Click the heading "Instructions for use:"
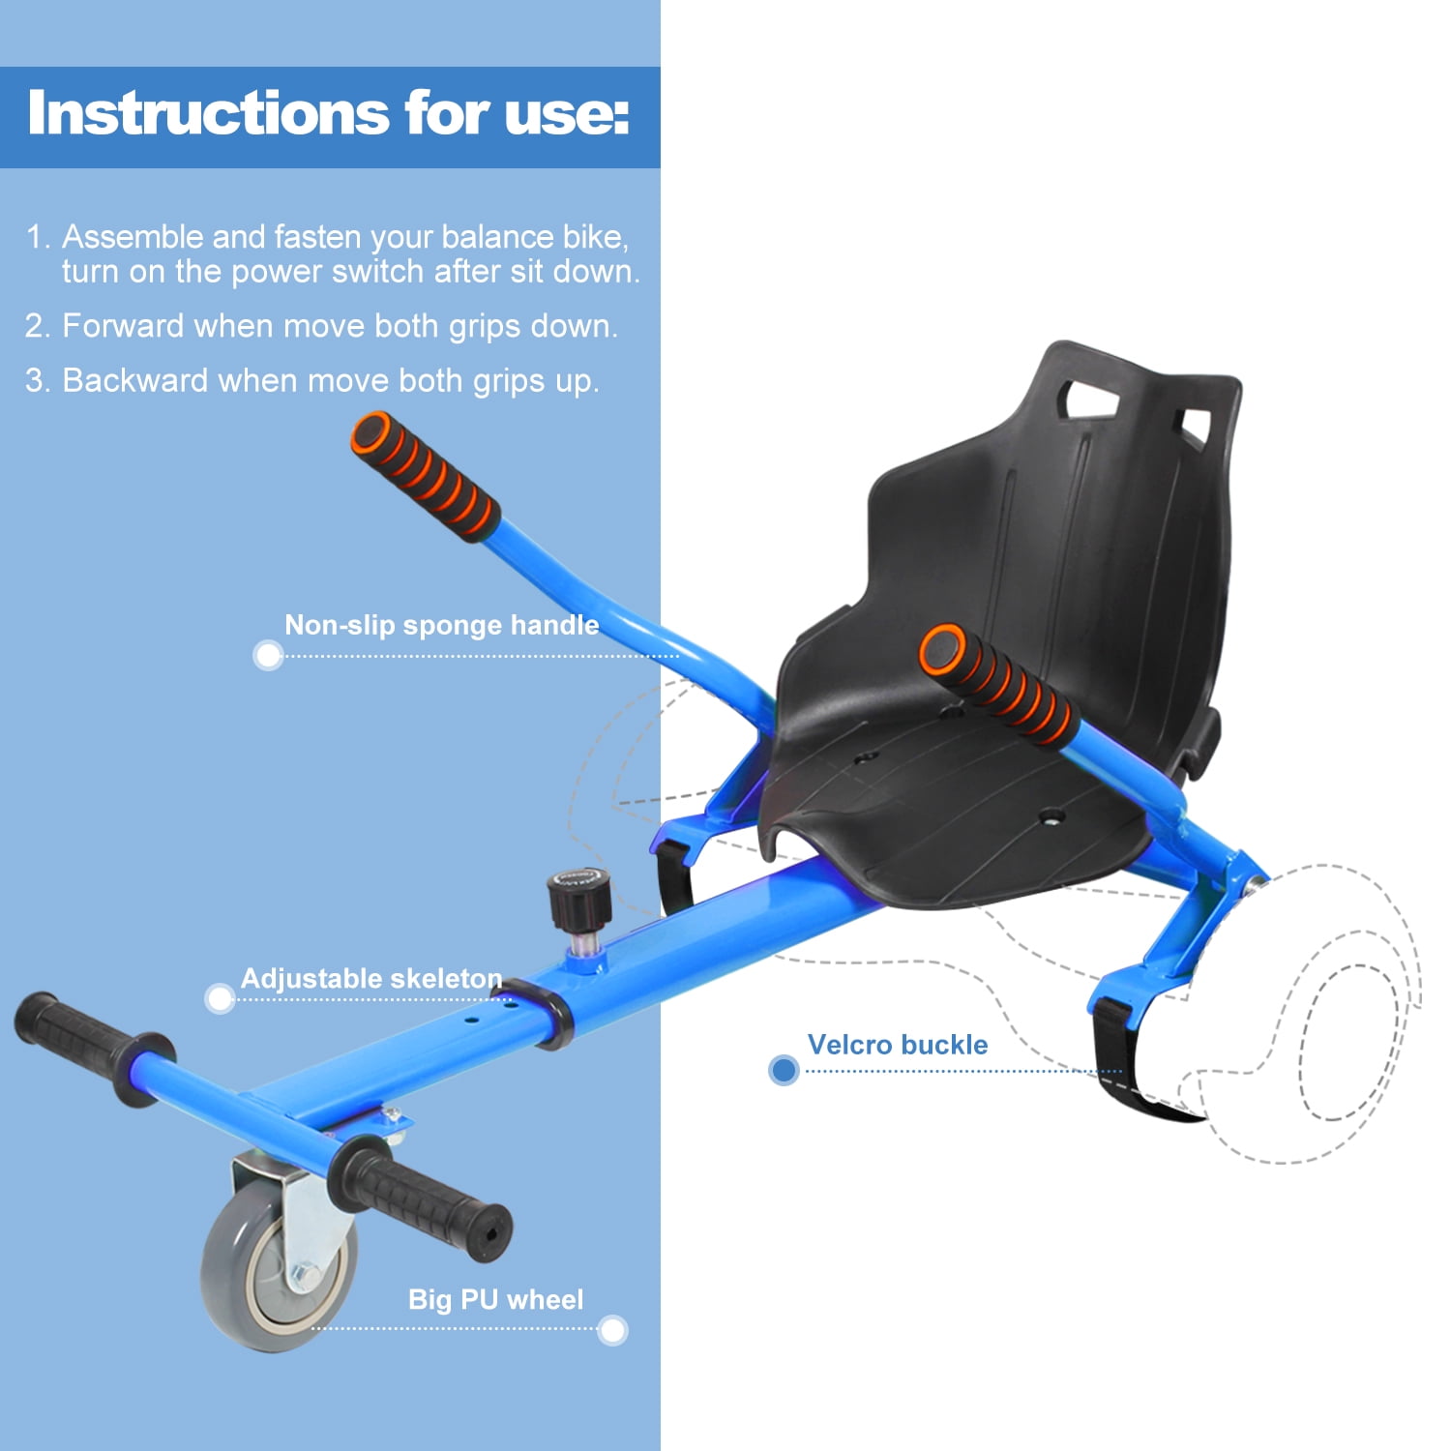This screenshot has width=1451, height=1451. (329, 114)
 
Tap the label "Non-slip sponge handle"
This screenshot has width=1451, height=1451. (441, 625)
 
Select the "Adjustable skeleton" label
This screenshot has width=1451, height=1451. (371, 978)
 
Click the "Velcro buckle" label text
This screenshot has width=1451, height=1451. (898, 1045)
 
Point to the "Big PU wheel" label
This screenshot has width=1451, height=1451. (495, 1299)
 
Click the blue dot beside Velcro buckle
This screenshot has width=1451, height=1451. (784, 1070)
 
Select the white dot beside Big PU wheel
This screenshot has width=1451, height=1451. (612, 1330)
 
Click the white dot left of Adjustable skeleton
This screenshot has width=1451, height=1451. (221, 998)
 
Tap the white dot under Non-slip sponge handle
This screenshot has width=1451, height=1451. (268, 655)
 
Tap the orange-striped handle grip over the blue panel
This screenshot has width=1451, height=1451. (426, 476)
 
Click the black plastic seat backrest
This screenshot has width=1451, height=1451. (1054, 542)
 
